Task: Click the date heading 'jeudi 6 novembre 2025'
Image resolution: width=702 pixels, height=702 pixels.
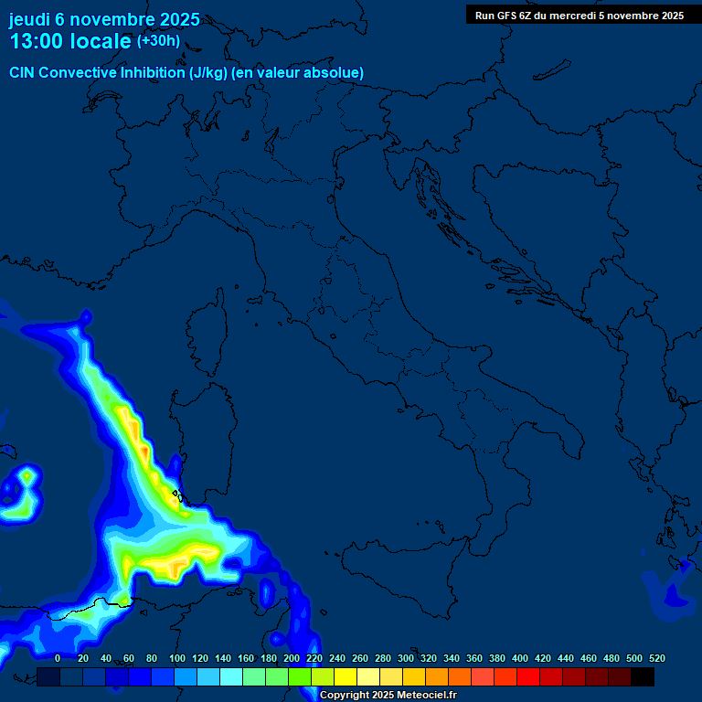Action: point(104,19)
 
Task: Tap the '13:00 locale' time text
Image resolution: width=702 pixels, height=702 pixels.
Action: point(69,41)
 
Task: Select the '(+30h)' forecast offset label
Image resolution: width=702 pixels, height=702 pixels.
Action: point(158,41)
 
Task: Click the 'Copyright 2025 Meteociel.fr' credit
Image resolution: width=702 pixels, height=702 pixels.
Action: point(388,696)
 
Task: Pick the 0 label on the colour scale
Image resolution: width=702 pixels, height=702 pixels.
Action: point(58,658)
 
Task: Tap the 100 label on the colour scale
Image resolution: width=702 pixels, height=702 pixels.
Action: point(176,658)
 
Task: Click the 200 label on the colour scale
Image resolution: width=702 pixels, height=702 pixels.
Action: point(292,658)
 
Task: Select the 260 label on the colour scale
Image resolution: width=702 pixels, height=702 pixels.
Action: point(360,658)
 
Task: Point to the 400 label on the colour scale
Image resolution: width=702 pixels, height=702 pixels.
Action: point(520,658)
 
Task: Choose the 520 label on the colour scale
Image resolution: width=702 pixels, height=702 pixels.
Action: point(656,658)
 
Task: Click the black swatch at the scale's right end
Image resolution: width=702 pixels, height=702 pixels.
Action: point(643,676)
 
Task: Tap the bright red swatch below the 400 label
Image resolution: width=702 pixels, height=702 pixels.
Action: point(528,676)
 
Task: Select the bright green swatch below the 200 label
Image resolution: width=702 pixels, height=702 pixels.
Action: point(300,676)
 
